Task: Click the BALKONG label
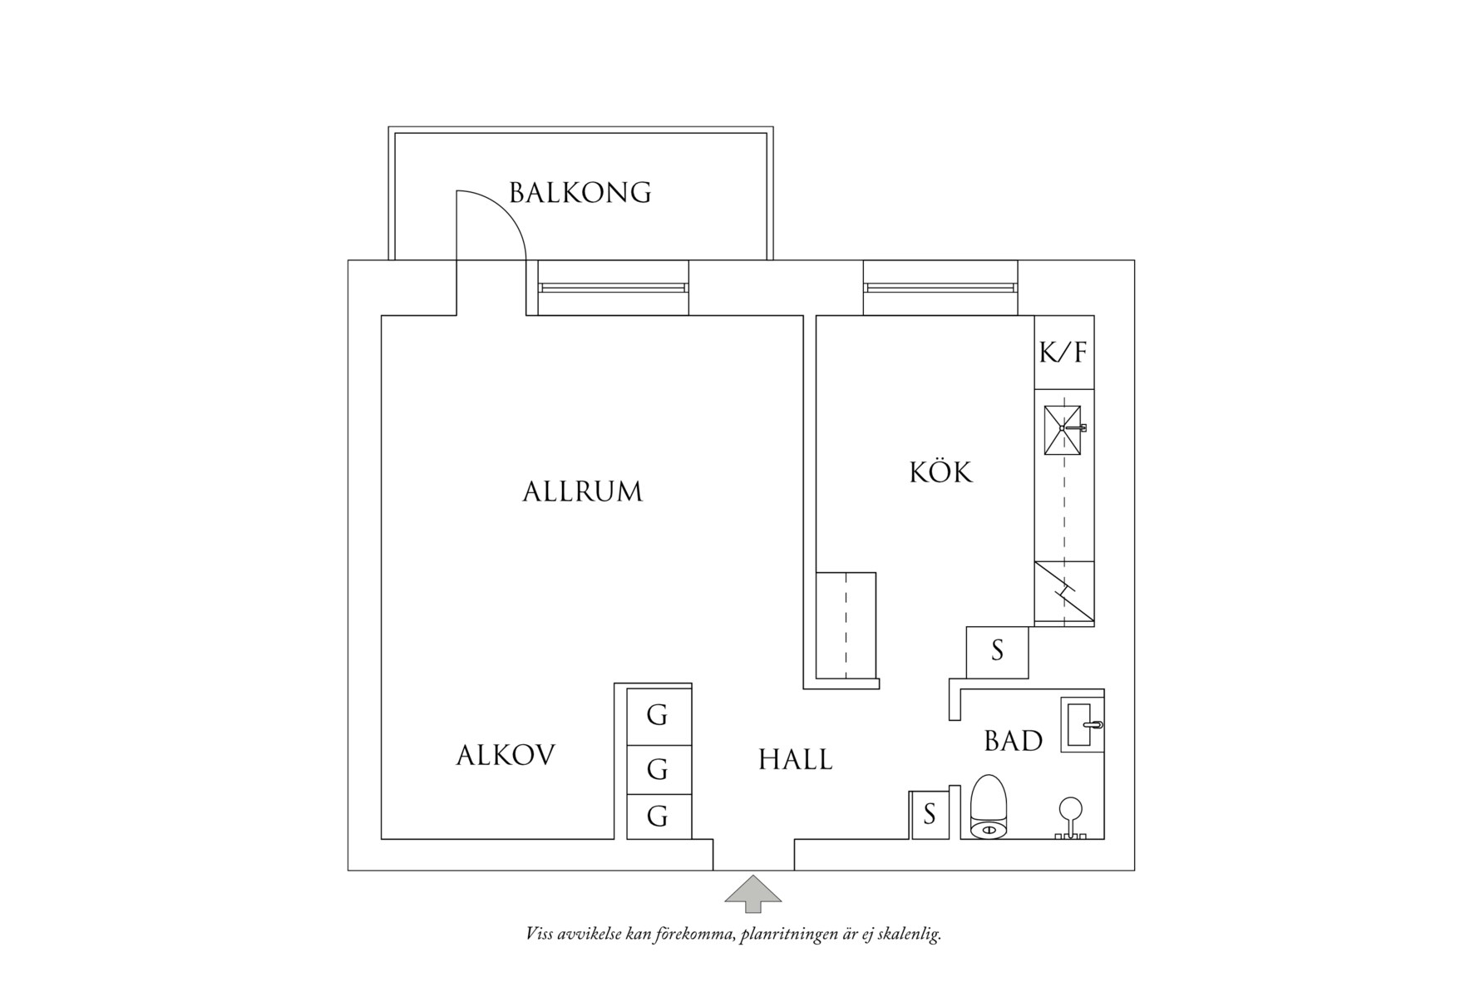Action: [580, 193]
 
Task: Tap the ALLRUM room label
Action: [582, 491]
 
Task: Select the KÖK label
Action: [940, 471]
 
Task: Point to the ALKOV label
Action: [506, 755]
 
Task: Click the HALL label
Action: [795, 759]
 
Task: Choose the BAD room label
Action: [1014, 741]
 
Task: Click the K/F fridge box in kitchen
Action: [1064, 352]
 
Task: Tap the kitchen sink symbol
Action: [1064, 430]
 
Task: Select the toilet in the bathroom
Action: [989, 806]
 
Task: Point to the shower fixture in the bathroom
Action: [1070, 818]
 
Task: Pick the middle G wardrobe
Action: [659, 770]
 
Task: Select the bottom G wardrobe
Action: [659, 817]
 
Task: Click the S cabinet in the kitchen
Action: [997, 652]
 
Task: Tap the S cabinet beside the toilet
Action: [930, 814]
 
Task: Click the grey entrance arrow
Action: [753, 894]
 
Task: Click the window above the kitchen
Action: [940, 288]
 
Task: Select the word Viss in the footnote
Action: [543, 933]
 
